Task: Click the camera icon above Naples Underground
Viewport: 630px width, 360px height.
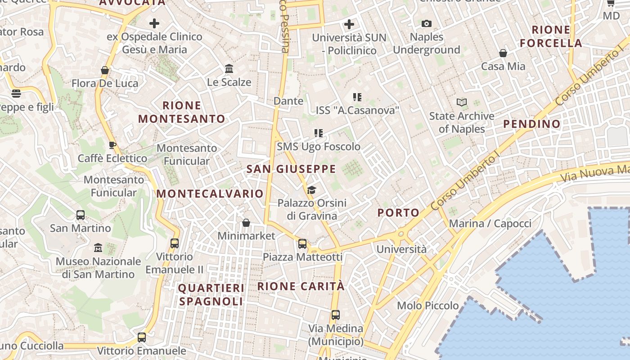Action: tap(426, 23)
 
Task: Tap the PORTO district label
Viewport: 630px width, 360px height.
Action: tap(398, 212)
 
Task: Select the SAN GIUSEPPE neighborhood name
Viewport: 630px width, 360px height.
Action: tap(291, 169)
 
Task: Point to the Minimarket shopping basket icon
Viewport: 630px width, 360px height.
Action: tap(246, 222)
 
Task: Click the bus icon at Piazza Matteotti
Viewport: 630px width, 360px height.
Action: tap(302, 244)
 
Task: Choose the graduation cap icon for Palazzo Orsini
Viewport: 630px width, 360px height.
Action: tap(311, 190)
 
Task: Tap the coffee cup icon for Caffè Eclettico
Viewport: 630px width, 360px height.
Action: tap(112, 145)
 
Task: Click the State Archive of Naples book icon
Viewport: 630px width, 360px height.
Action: tap(462, 103)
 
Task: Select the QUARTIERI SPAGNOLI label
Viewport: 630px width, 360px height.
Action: tap(211, 294)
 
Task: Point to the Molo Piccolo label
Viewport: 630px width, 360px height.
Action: tap(427, 306)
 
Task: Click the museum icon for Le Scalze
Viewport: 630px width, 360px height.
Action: tap(229, 69)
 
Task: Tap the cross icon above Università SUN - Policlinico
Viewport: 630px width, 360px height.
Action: tap(349, 24)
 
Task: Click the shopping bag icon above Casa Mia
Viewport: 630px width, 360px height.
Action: tap(503, 53)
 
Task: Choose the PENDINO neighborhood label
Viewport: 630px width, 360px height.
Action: tap(532, 124)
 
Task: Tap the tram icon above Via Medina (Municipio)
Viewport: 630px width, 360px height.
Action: tap(335, 315)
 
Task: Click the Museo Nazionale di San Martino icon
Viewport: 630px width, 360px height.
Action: tap(98, 248)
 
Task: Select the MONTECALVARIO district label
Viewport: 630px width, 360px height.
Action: tap(210, 193)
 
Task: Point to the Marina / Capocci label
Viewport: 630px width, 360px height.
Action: tap(490, 223)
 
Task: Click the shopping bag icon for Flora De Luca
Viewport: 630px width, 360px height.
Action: tap(105, 70)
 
